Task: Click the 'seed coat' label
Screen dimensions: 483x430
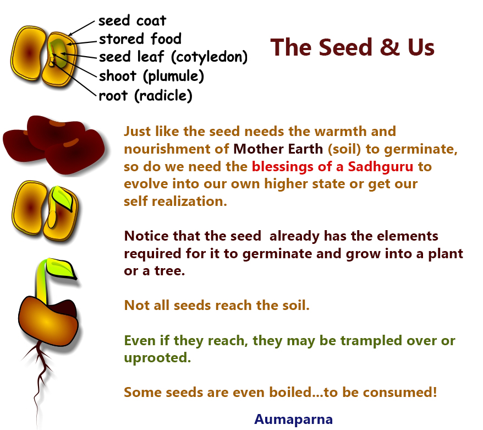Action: [x=132, y=21]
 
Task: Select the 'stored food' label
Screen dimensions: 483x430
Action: [x=140, y=39]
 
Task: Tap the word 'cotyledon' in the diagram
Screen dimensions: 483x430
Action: [x=209, y=57]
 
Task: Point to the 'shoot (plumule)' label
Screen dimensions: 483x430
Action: [x=151, y=76]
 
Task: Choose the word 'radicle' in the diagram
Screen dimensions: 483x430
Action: [x=163, y=96]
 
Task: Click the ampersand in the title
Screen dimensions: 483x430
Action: [x=389, y=47]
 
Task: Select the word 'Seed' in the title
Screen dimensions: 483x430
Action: [x=345, y=47]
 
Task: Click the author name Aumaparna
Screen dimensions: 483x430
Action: [x=293, y=419]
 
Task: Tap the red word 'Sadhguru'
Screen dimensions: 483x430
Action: [x=381, y=166]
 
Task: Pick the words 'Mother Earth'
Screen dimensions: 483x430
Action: [x=278, y=149]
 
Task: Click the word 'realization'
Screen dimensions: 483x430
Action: [x=189, y=202]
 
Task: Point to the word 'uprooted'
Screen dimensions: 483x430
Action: [x=157, y=358]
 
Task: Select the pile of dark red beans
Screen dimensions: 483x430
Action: [x=54, y=144]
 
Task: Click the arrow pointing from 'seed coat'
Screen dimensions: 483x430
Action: [x=81, y=29]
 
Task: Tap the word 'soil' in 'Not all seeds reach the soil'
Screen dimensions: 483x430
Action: [x=295, y=305]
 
